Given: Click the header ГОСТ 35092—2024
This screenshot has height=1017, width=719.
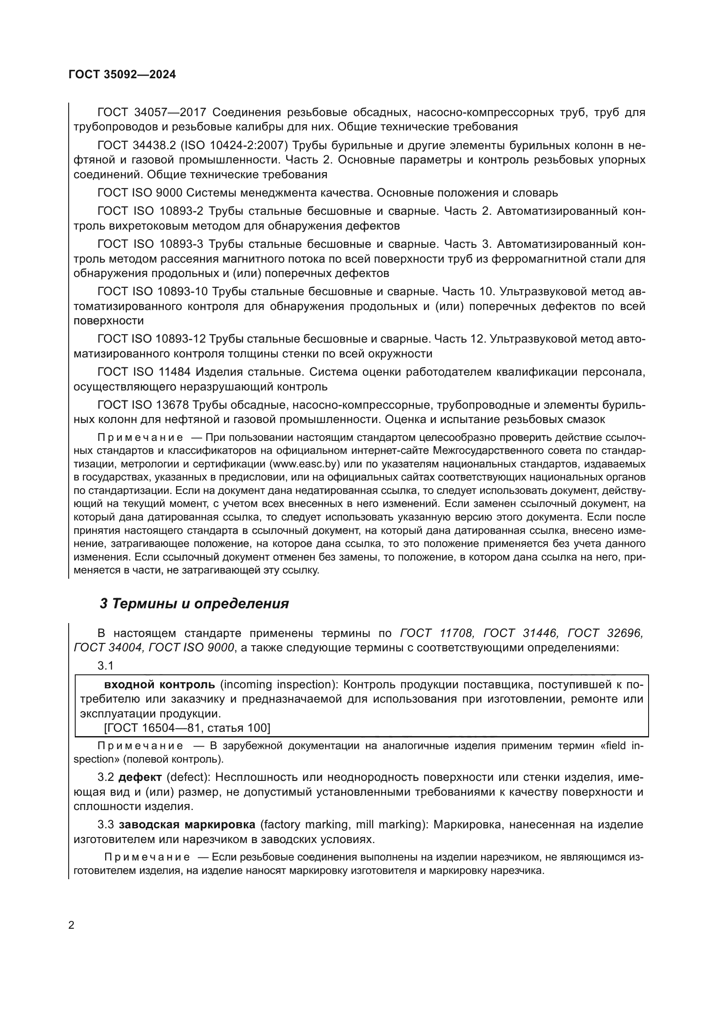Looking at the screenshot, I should [122, 75].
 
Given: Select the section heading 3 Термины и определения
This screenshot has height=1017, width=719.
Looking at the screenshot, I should [194, 604].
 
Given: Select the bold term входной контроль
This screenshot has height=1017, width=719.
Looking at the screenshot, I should [160, 685].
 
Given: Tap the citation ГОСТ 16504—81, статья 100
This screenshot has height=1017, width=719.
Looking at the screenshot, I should [186, 728].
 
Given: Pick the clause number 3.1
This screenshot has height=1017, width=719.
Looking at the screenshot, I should [105, 666].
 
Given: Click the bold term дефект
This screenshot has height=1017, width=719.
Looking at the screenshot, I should [140, 777].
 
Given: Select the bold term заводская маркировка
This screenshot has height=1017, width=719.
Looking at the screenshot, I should [187, 825].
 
